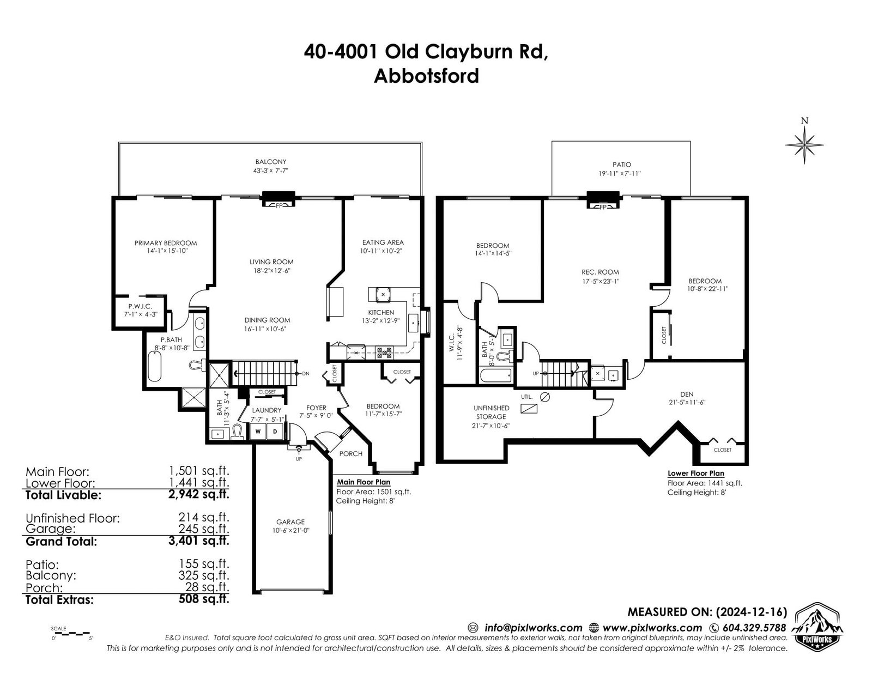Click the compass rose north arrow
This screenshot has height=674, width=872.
pyautogui.click(x=804, y=144)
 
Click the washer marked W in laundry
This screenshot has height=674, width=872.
pyautogui.click(x=258, y=432)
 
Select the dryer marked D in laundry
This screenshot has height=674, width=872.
pyautogui.click(x=275, y=432)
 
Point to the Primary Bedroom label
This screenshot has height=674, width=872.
pyautogui.click(x=165, y=243)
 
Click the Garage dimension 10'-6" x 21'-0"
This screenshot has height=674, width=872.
pyautogui.click(x=290, y=530)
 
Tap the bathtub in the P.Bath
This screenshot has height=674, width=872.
pyautogui.click(x=154, y=367)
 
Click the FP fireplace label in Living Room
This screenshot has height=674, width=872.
pyautogui.click(x=279, y=206)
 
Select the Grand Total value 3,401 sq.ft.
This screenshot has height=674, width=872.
pyautogui.click(x=198, y=541)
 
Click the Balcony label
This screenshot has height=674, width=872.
pyautogui.click(x=271, y=162)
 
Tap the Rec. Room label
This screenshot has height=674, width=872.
pyautogui.click(x=601, y=272)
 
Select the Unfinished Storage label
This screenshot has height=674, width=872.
pyautogui.click(x=491, y=412)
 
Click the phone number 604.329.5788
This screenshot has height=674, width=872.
pyautogui.click(x=754, y=628)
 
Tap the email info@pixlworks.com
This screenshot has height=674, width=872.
pyautogui.click(x=534, y=628)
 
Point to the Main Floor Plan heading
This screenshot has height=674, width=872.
pyautogui.click(x=364, y=482)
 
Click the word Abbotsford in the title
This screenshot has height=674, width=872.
pyautogui.click(x=426, y=76)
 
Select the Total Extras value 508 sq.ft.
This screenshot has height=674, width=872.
pyautogui.click(x=204, y=599)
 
